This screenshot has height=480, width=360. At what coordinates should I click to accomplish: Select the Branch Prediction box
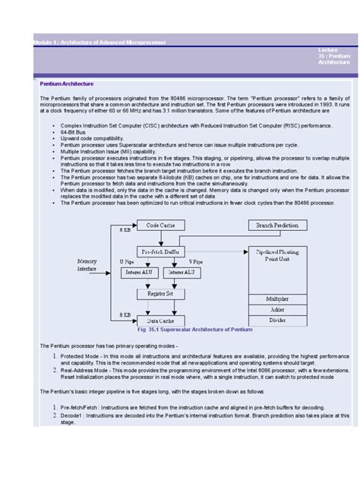point(276,226)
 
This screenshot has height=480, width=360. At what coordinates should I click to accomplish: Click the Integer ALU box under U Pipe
point(138,270)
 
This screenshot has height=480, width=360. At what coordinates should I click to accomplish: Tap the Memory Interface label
point(87,264)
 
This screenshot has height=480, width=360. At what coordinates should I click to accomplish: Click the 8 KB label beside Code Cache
point(125,229)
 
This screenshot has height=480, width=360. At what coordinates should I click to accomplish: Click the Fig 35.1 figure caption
point(194,331)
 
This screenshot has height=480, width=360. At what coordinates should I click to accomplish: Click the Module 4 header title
point(98,41)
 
